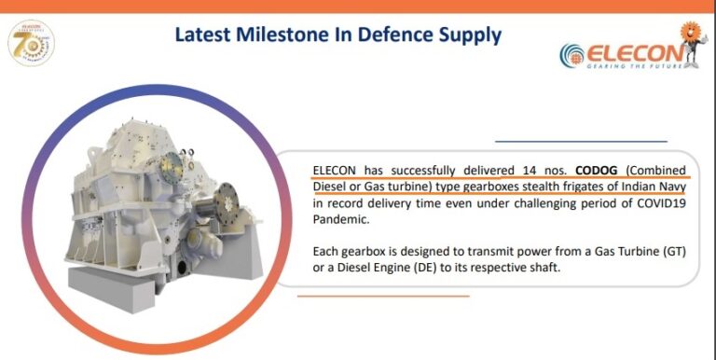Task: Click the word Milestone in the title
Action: pyautogui.click(x=278, y=35)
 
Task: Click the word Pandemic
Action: pyautogui.click(x=341, y=219)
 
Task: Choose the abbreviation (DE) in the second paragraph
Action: pyautogui.click(x=426, y=269)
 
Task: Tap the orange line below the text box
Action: pyautogui.click(x=383, y=296)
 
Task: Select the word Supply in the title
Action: pyautogui.click(x=470, y=35)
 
